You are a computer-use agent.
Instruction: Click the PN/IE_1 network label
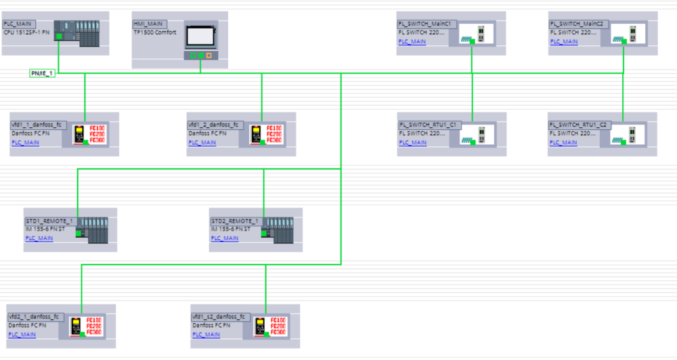[x=42, y=73]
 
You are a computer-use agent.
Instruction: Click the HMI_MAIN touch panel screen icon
[x=200, y=35]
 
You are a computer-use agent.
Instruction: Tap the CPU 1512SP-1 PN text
[x=26, y=32]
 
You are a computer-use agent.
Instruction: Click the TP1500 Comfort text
[x=154, y=32]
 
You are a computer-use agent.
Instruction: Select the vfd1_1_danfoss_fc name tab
[x=38, y=125]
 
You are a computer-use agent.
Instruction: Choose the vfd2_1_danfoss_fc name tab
[x=35, y=317]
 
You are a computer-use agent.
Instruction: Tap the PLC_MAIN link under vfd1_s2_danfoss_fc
[x=206, y=334]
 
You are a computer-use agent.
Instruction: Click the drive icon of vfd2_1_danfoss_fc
[x=77, y=327]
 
